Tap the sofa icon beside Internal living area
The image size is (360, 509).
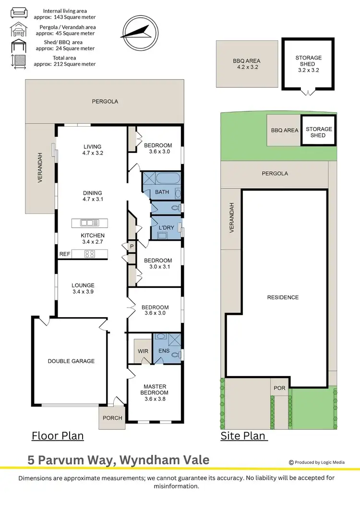[x=19, y=12]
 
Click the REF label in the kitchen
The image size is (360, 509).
[x=65, y=254]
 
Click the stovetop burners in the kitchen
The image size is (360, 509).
[x=89, y=254]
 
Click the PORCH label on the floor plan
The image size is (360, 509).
[x=113, y=418]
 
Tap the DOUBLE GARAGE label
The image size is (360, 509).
[x=71, y=361]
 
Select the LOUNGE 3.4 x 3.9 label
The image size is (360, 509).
[x=83, y=288]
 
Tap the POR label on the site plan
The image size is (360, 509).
[x=279, y=388]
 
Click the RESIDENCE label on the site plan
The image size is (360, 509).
[x=283, y=297]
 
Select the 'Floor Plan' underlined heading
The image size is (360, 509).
[x=58, y=436]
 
